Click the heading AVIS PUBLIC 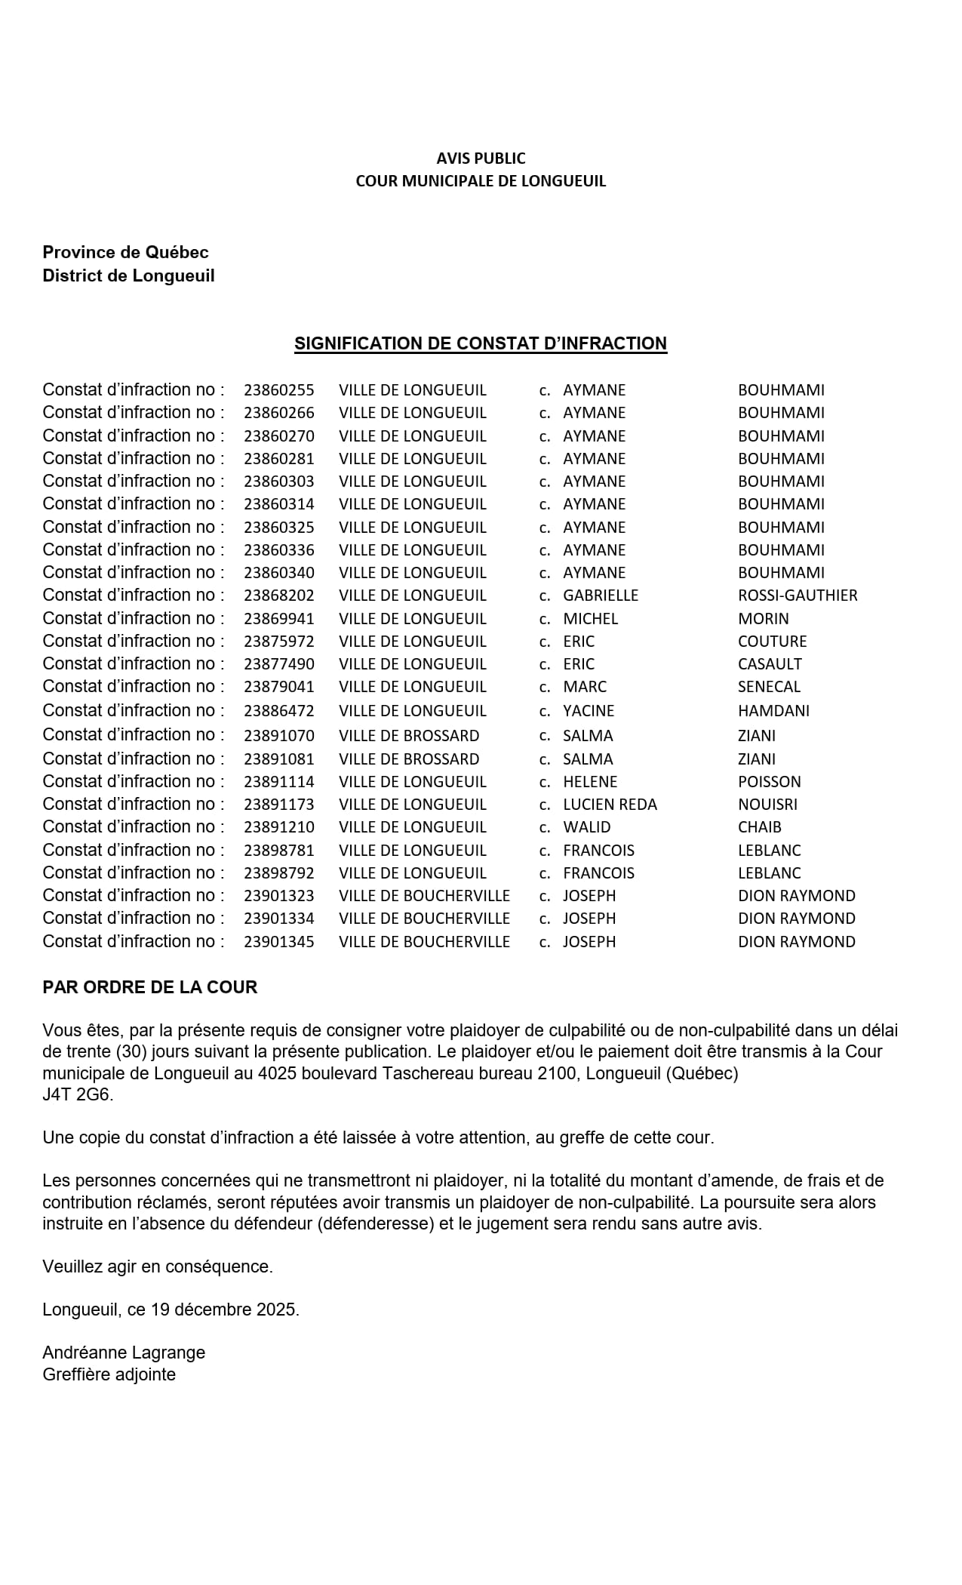click(481, 158)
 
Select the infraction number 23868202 click(278, 596)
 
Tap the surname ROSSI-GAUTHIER click(798, 596)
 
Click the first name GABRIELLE click(601, 596)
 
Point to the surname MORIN click(763, 619)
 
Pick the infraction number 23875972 click(278, 642)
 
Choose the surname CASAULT click(770, 664)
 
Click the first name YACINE click(589, 711)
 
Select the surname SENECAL click(769, 687)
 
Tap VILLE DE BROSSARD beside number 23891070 click(409, 736)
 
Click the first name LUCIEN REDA click(610, 805)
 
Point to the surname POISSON click(769, 782)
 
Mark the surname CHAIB click(759, 827)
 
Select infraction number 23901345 click(278, 942)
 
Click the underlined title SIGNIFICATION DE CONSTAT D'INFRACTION click(481, 344)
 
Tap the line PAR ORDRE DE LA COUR click(149, 987)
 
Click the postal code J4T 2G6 click(77, 1094)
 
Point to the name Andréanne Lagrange click(124, 1353)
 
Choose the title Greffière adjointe click(109, 1374)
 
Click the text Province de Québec click(125, 253)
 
